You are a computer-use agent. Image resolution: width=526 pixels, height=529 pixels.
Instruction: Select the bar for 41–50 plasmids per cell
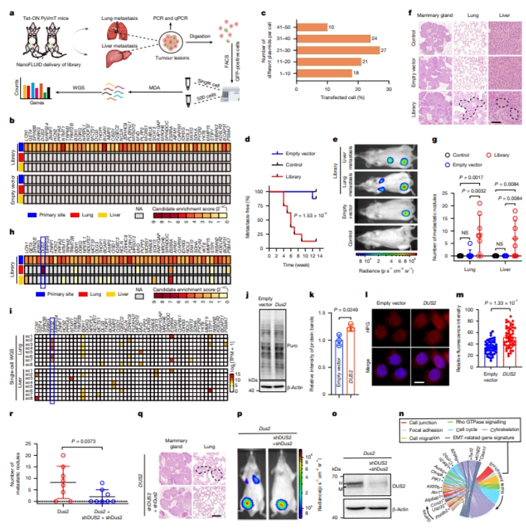tap(311, 27)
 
